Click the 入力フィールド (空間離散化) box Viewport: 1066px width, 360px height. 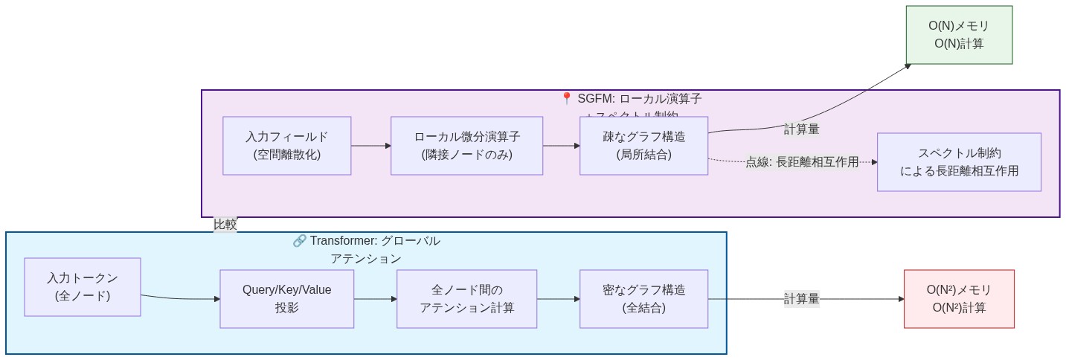[286, 146]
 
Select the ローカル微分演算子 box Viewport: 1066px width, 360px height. [466, 146]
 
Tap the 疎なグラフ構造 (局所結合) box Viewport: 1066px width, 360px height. [643, 146]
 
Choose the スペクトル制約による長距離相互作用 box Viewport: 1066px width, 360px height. [958, 162]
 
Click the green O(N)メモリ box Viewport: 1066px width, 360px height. [958, 35]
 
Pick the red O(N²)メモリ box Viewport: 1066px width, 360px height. [958, 298]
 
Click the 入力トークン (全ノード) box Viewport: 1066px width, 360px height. [82, 287]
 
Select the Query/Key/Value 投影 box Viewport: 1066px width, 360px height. [286, 298]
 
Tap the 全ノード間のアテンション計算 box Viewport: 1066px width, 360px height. [466, 298]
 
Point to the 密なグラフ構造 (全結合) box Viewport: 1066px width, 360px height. [643, 298]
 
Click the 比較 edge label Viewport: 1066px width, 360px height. [225, 225]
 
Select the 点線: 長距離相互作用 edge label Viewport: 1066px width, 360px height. [802, 162]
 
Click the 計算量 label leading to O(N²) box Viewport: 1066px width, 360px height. [801, 298]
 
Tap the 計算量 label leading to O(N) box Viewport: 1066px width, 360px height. [801, 129]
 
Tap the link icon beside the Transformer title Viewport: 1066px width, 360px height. [299, 241]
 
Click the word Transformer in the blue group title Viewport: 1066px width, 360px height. [344, 241]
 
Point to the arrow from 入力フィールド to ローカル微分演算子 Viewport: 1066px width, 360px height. [370, 146]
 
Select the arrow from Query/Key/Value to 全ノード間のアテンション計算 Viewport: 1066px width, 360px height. [375, 298]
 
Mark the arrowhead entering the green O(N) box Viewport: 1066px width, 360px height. [908, 66]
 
